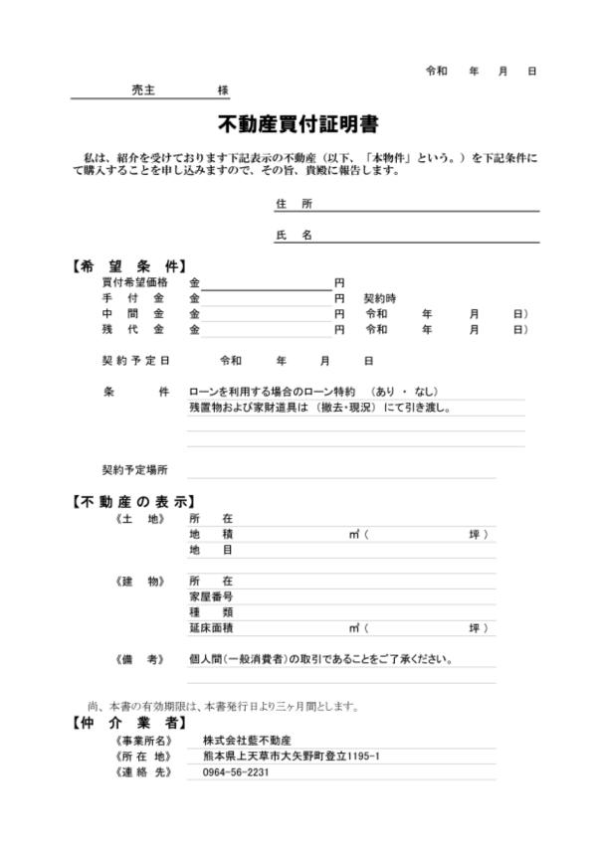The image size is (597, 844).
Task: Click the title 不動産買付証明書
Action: click(x=298, y=125)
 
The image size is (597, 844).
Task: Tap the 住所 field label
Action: click(x=294, y=204)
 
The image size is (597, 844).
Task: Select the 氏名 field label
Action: click(x=294, y=236)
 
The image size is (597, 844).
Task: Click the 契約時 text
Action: click(x=379, y=298)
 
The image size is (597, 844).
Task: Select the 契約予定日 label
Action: click(x=136, y=360)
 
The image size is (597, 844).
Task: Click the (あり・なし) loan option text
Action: click(x=402, y=392)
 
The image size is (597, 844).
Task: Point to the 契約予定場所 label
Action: click(x=136, y=468)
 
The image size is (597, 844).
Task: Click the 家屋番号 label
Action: click(x=211, y=596)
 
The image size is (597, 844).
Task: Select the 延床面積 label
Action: click(x=211, y=627)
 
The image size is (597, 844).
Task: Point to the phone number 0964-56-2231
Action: click(x=236, y=772)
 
